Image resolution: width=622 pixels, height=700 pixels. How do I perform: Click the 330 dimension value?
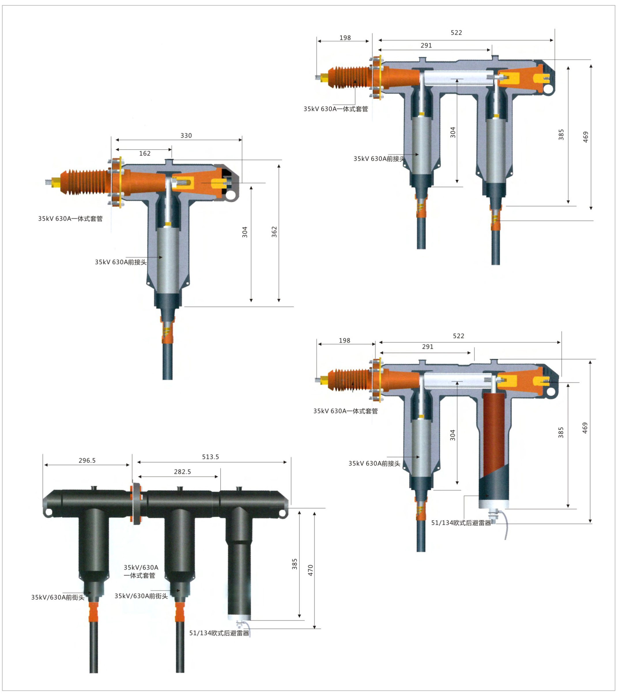pyautogui.click(x=186, y=136)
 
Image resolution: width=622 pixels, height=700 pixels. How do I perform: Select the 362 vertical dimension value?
pyautogui.click(x=274, y=232)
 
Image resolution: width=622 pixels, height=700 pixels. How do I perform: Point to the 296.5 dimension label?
pyautogui.click(x=87, y=461)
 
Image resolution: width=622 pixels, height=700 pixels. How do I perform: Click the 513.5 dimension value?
pyautogui.click(x=210, y=457)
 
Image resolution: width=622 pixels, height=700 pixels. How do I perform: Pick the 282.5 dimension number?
pyautogui.click(x=182, y=472)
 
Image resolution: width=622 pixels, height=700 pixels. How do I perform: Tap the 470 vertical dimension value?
pyautogui.click(x=310, y=570)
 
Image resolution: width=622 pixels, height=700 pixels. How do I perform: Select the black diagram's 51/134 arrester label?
pyautogui.click(x=219, y=633)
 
